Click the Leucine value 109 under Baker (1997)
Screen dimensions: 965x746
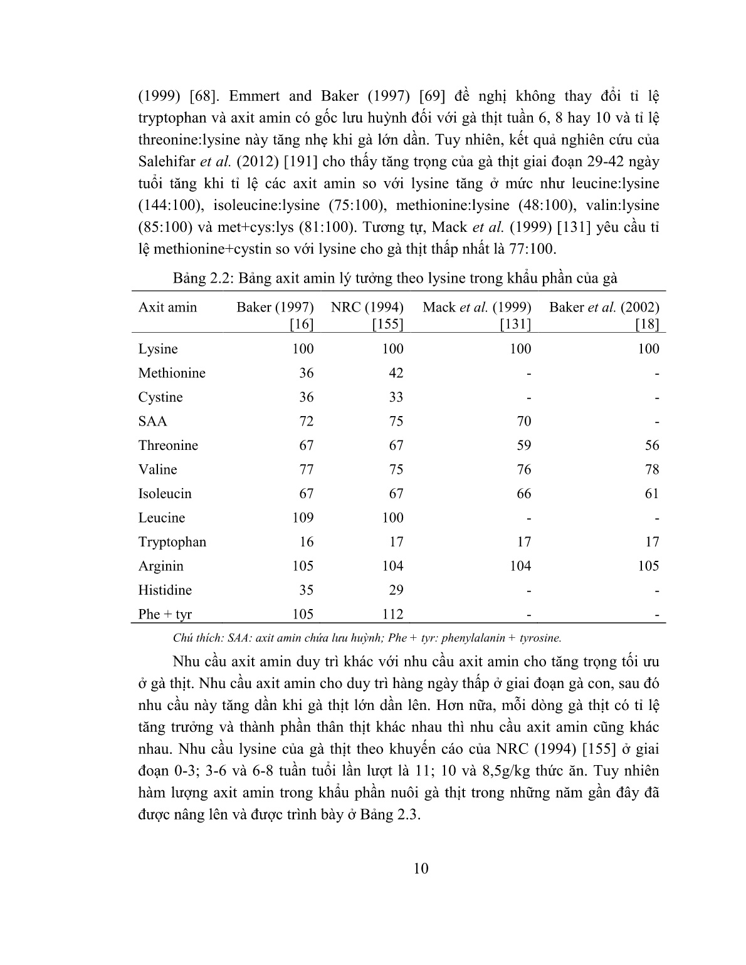tap(302, 518)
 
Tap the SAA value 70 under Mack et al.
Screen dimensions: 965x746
tap(523, 421)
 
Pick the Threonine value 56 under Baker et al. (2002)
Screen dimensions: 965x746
tap(651, 446)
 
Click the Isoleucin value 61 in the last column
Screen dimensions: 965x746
tap(651, 494)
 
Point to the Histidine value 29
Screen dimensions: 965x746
tap(396, 590)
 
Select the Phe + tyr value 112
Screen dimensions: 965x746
tap(392, 614)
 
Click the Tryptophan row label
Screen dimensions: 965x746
tap(172, 542)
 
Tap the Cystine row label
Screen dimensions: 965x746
tap(160, 397)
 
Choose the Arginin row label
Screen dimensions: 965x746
tap(161, 566)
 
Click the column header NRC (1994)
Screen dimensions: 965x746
tap(367, 307)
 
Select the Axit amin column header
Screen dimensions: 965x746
tap(167, 307)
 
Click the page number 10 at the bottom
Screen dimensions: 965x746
tap(421, 868)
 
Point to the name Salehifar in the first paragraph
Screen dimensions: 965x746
tap(166, 161)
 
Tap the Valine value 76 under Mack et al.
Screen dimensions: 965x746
tap(523, 469)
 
